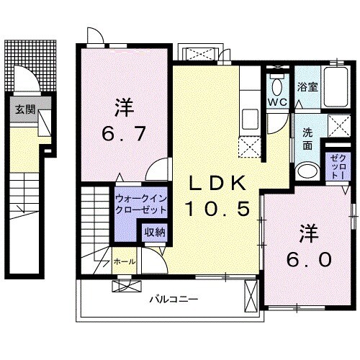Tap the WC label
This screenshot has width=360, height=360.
point(277,102)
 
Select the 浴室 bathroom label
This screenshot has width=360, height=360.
point(308,85)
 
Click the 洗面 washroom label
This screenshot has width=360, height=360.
point(306,138)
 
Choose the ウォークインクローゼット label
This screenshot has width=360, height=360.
point(140,202)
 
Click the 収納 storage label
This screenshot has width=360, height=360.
point(153,232)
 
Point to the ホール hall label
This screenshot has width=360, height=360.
point(124,261)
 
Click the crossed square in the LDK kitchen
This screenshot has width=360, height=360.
point(250,147)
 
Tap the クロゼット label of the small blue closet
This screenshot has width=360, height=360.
point(337,168)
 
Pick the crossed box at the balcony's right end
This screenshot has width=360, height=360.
point(251,295)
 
